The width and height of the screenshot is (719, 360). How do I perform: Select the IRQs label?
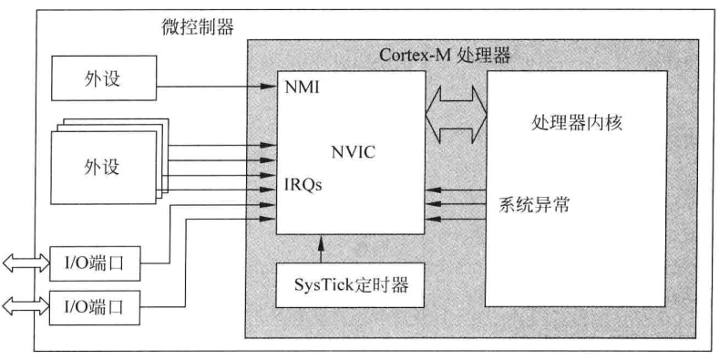(x=303, y=185)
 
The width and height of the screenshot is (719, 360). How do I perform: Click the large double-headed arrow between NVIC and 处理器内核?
(x=457, y=114)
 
